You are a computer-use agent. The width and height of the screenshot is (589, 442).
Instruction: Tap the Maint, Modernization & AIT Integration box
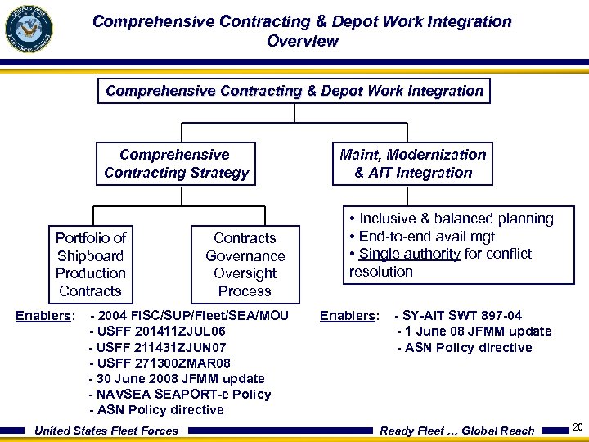[x=413, y=164]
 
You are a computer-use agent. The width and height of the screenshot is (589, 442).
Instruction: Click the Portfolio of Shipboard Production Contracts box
[x=90, y=264]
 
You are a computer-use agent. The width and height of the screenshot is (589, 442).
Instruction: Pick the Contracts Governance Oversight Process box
[x=245, y=264]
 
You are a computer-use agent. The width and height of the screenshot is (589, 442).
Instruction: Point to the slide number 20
[x=578, y=426]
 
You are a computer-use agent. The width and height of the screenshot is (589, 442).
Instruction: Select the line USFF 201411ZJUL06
[x=157, y=331]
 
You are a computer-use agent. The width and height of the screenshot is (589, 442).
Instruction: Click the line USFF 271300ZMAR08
[x=160, y=363]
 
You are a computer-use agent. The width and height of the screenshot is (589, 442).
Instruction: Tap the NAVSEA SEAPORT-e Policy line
[x=180, y=394]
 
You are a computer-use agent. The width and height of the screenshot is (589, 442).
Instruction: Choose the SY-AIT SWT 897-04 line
[x=458, y=316]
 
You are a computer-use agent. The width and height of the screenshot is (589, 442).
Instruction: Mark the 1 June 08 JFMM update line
[x=474, y=331]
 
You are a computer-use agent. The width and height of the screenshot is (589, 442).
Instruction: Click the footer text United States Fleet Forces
[x=106, y=431]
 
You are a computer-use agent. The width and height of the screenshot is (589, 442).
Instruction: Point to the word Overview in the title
[x=302, y=41]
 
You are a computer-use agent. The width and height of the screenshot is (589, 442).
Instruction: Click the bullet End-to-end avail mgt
[x=422, y=237]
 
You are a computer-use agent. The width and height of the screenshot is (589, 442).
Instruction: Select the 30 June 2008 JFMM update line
[x=177, y=378]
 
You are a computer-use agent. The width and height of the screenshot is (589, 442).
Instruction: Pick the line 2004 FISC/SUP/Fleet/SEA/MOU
[x=190, y=316]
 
